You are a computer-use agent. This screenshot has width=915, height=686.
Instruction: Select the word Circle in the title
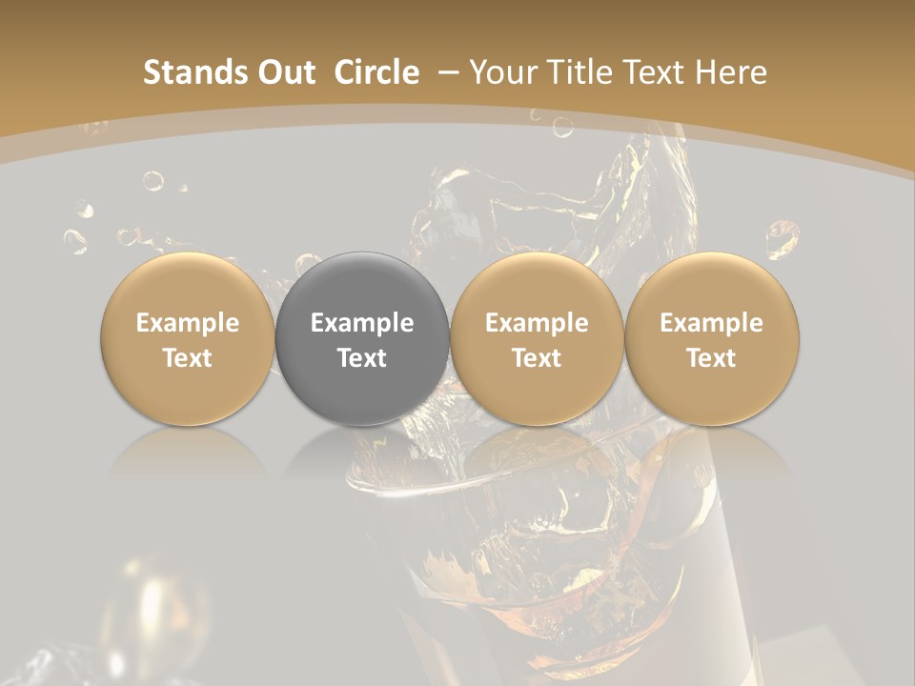tap(376, 72)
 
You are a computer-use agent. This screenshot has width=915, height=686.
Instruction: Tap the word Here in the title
tap(731, 72)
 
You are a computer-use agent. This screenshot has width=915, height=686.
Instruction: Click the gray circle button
tap(362, 338)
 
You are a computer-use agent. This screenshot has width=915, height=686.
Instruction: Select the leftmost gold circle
tap(188, 338)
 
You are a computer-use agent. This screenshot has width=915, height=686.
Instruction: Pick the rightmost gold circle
tap(712, 338)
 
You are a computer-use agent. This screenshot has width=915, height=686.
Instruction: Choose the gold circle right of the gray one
tap(537, 338)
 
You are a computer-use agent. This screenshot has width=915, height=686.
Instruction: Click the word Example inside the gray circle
tap(362, 323)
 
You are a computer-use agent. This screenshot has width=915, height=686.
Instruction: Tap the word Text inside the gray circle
tap(362, 358)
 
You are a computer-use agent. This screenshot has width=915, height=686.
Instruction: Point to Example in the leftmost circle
tap(188, 323)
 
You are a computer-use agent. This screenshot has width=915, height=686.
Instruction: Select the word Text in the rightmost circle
tap(712, 358)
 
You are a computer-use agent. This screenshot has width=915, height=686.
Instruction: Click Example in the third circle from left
tap(537, 323)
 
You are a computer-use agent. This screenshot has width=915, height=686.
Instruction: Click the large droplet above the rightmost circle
tap(783, 237)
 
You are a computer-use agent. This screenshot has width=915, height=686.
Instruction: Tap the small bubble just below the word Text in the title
tap(563, 126)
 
